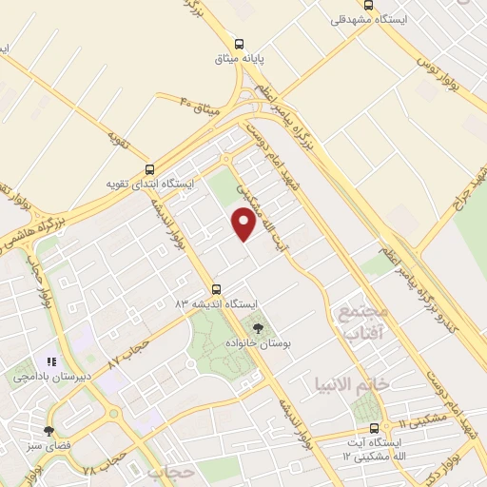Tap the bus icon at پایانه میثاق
pyautogui.click(x=239, y=43)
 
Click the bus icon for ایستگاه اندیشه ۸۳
pyautogui.click(x=216, y=289)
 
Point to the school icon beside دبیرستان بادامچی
pyautogui.click(x=52, y=361)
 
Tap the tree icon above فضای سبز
pyautogui.click(x=49, y=431)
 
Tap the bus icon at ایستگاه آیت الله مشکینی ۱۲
pyautogui.click(x=373, y=429)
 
